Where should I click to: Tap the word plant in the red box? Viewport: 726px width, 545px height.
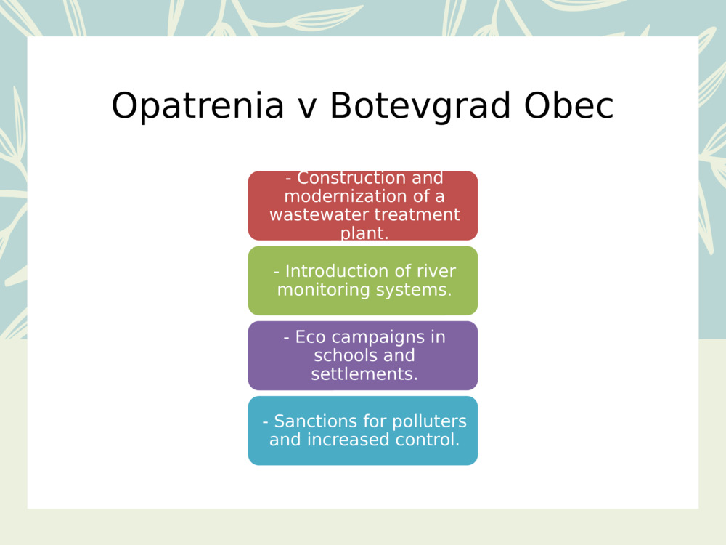[363, 233]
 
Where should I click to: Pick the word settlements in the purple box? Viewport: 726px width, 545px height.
[364, 374]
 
